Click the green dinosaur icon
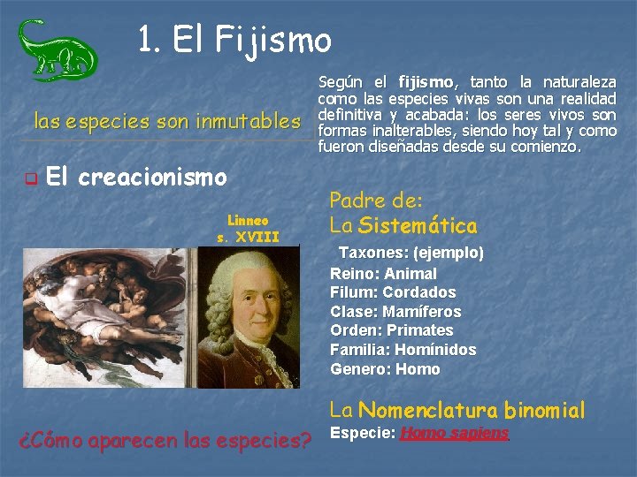(x=57, y=49)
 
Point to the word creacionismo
(x=153, y=178)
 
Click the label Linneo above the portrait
(x=248, y=220)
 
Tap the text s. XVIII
(x=248, y=236)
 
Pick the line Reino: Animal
(x=383, y=274)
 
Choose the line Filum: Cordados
(x=393, y=292)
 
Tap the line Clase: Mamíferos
(x=395, y=312)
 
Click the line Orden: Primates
(x=391, y=330)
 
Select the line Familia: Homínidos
(x=403, y=350)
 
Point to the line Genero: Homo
(x=384, y=369)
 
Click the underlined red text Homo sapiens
(x=454, y=433)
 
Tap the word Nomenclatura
(x=429, y=410)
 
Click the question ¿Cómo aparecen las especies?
(x=165, y=440)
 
